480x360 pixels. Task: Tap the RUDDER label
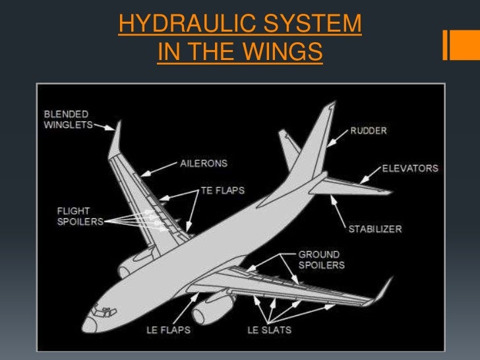click(368, 131)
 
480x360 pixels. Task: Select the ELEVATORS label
click(409, 169)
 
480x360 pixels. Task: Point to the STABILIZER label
click(375, 229)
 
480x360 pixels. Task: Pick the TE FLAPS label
click(222, 191)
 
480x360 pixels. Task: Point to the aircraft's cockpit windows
click(101, 308)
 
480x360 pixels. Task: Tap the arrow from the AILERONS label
click(158, 171)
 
